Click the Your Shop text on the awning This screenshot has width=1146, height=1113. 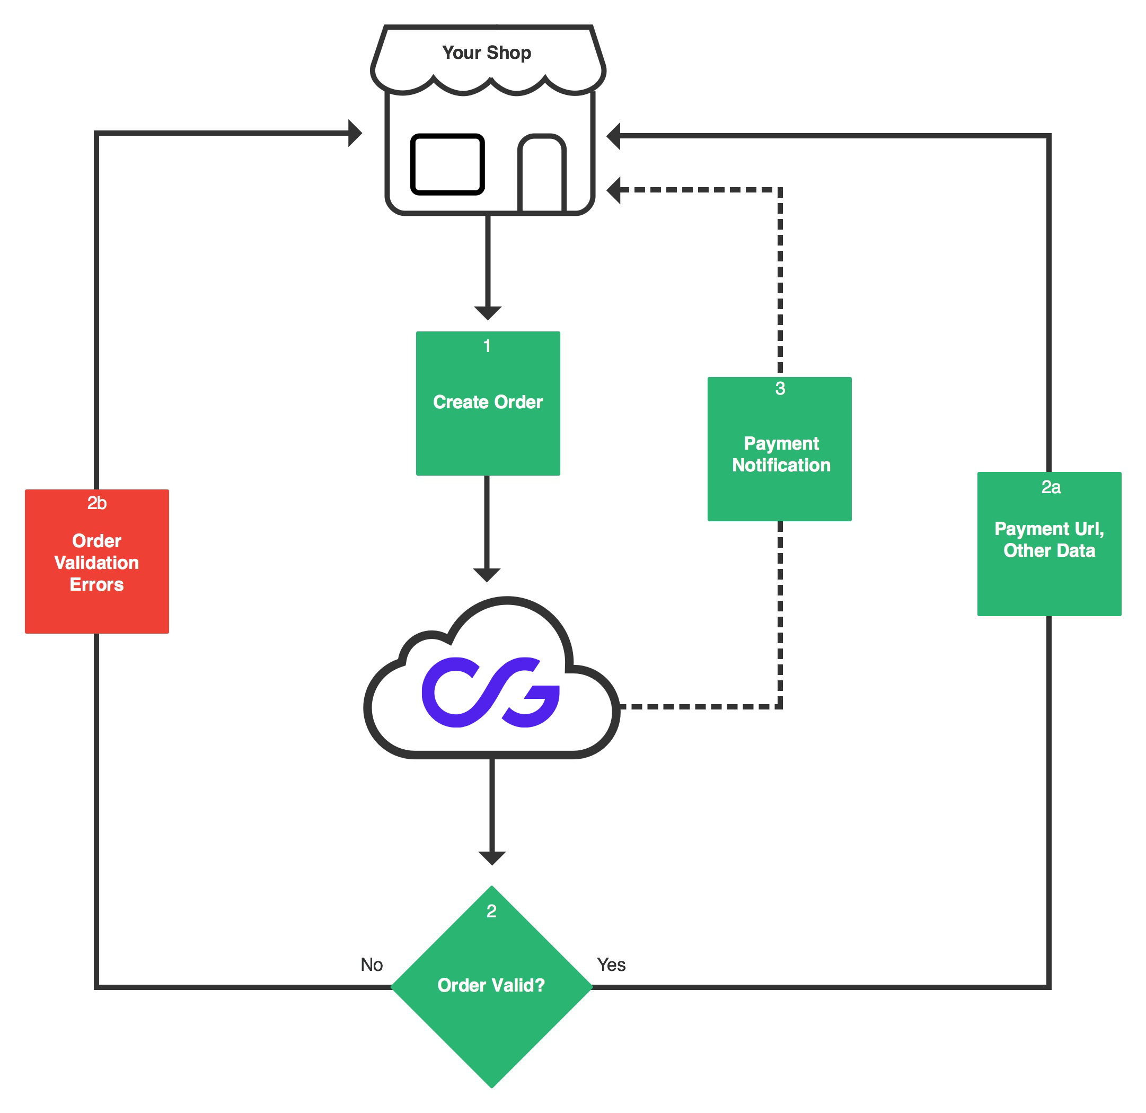[x=487, y=52]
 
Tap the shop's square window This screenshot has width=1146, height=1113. [x=447, y=164]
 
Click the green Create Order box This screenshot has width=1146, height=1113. [x=488, y=404]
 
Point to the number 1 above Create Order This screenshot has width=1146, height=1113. [x=487, y=346]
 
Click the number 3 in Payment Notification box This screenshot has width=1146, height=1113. [x=780, y=388]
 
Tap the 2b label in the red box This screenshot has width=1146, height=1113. [x=96, y=503]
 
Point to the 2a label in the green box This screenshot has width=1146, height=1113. [x=1051, y=487]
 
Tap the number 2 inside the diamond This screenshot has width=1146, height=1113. [x=491, y=911]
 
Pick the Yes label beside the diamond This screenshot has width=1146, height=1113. [x=611, y=965]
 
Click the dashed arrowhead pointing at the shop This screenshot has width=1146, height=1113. [x=613, y=190]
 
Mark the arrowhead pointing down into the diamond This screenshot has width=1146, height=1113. [x=492, y=858]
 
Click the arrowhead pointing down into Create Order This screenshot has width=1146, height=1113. [x=488, y=313]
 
